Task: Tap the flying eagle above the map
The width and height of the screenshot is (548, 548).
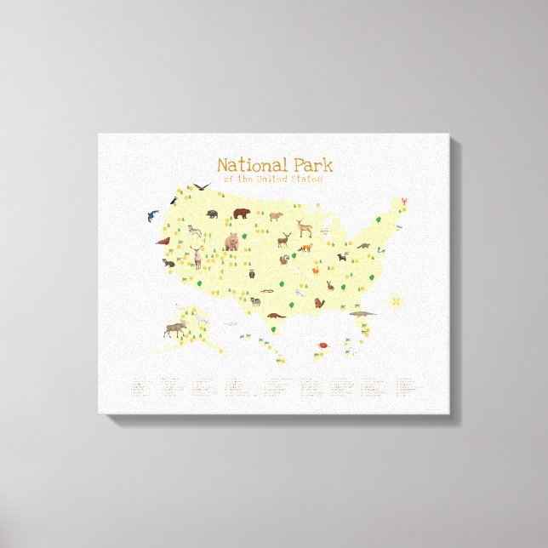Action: (202, 186)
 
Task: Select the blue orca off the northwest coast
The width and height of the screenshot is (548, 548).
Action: (152, 215)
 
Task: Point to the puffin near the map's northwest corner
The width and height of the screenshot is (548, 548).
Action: (174, 200)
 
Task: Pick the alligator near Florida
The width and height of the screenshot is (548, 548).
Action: (362, 314)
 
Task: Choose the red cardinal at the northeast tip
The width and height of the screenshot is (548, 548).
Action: (405, 202)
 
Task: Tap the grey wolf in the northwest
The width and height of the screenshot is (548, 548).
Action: (195, 230)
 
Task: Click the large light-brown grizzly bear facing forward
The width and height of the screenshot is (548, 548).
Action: (232, 242)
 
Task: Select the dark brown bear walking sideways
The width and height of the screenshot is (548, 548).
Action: (242, 212)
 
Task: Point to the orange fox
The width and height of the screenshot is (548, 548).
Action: (305, 248)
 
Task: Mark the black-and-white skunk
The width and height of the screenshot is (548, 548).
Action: (342, 256)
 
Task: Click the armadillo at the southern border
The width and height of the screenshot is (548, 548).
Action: (275, 315)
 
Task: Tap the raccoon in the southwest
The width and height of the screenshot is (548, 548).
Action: (254, 300)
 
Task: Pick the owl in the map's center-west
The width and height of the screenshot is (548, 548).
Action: (252, 273)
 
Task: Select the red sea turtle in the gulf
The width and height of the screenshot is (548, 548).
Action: (324, 345)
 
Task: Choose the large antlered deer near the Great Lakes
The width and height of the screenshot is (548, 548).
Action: (305, 228)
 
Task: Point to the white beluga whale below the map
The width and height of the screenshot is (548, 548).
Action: (230, 323)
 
